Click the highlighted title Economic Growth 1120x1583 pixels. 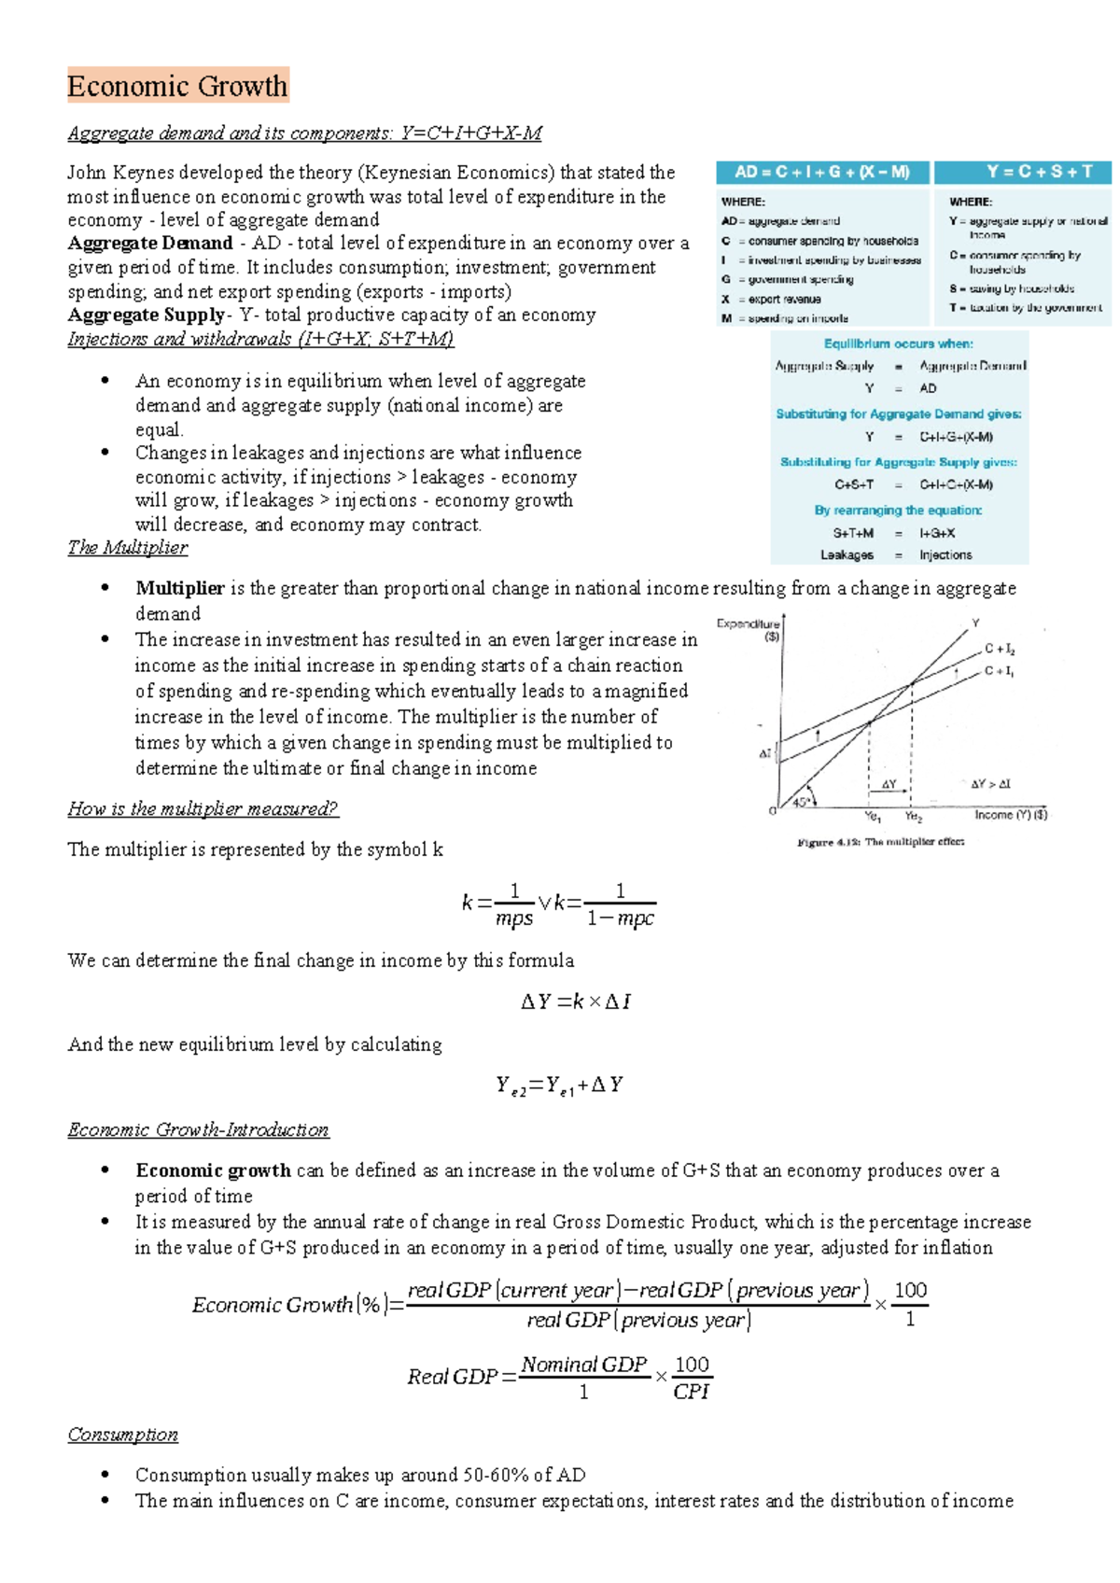click(x=177, y=86)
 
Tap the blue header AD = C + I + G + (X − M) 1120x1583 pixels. click(x=821, y=172)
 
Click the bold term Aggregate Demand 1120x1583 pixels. click(x=149, y=243)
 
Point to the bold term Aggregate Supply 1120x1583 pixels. click(x=146, y=315)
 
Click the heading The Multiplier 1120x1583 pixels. click(x=127, y=547)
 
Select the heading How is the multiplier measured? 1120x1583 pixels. click(x=202, y=808)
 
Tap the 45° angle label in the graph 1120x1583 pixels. click(x=801, y=801)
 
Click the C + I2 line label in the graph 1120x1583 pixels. click(x=1000, y=649)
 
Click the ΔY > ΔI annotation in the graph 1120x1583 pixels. click(x=990, y=784)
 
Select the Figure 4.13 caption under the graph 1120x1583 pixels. click(x=880, y=842)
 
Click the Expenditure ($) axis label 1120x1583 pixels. click(x=749, y=629)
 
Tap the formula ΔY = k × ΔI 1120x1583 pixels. click(x=575, y=1002)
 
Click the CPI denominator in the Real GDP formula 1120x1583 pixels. click(x=691, y=1392)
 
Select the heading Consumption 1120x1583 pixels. click(x=122, y=1434)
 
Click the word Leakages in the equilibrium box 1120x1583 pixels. click(x=847, y=554)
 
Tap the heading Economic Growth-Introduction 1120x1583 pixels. click(x=198, y=1129)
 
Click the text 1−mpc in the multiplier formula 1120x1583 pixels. click(x=620, y=918)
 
